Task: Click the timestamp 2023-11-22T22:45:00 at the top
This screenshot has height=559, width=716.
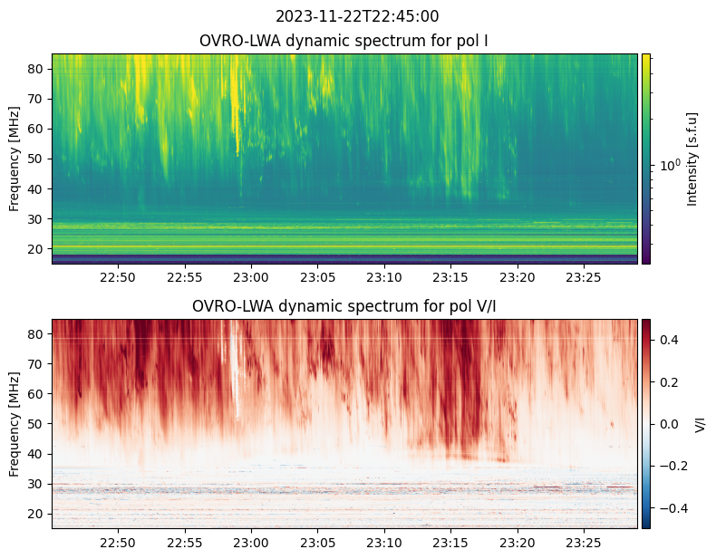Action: pos(343,16)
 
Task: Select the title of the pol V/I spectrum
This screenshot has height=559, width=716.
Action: pos(343,306)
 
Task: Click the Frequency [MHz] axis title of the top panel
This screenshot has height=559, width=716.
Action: pos(15,159)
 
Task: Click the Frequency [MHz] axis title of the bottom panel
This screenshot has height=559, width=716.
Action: pos(15,424)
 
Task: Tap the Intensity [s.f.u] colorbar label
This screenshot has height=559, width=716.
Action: pos(693,159)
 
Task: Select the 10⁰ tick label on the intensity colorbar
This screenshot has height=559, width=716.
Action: pos(670,166)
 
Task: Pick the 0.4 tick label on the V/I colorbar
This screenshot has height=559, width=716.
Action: pos(668,340)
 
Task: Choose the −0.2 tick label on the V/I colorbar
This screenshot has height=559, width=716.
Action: pos(672,466)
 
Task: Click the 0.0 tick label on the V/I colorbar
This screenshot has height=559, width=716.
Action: pos(668,424)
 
